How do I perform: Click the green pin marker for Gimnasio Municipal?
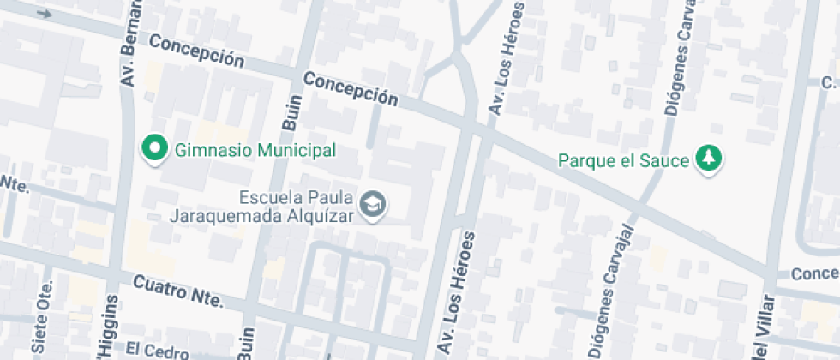tap(154, 148)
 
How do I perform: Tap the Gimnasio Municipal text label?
tap(255, 151)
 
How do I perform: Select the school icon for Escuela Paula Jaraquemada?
tap(374, 205)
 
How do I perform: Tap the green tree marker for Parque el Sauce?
tap(709, 159)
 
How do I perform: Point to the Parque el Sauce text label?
tap(623, 160)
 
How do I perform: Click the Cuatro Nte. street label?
tap(177, 291)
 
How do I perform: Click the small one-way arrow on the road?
tap(45, 14)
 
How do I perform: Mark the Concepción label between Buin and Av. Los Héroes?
tap(351, 89)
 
